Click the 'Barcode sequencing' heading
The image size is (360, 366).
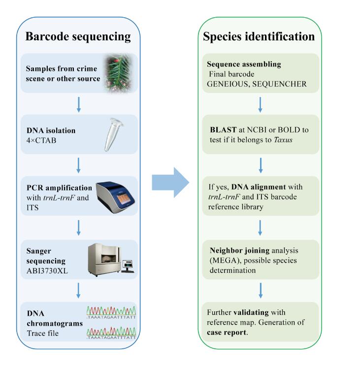click(x=78, y=36)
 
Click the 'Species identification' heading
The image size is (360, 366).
click(x=259, y=36)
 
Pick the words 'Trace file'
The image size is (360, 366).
click(x=43, y=333)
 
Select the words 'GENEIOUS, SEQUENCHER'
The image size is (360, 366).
click(x=257, y=84)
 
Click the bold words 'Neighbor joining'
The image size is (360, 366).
click(x=237, y=250)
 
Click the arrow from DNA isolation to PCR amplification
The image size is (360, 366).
click(x=79, y=163)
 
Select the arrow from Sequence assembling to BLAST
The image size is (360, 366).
click(x=261, y=104)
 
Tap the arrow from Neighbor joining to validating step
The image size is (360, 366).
click(x=261, y=291)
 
